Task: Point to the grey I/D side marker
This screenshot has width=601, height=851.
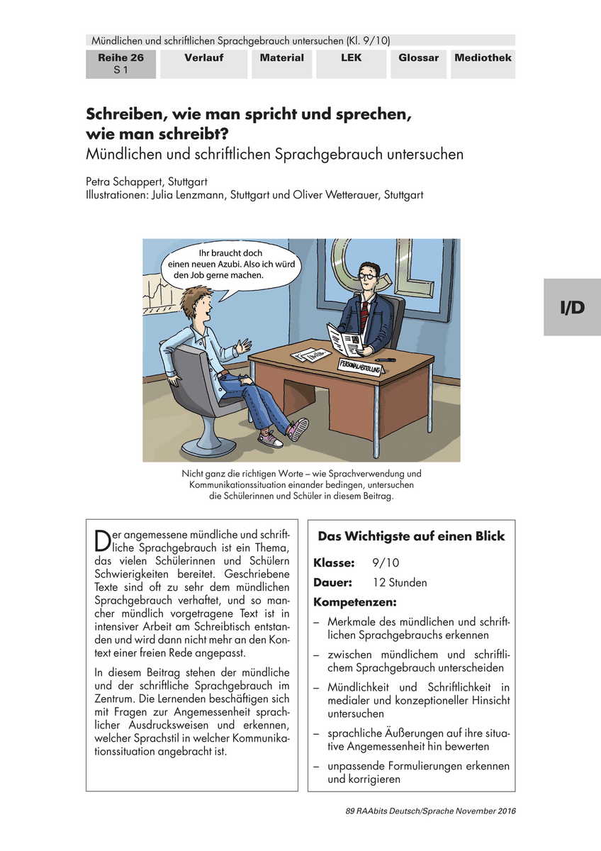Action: pos(572,306)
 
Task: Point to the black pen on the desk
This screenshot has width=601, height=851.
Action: pos(386,360)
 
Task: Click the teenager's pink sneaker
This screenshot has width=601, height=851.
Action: pos(297,429)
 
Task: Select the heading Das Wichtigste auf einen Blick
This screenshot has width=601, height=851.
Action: pos(411,536)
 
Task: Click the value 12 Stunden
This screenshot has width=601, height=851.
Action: pos(400,583)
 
